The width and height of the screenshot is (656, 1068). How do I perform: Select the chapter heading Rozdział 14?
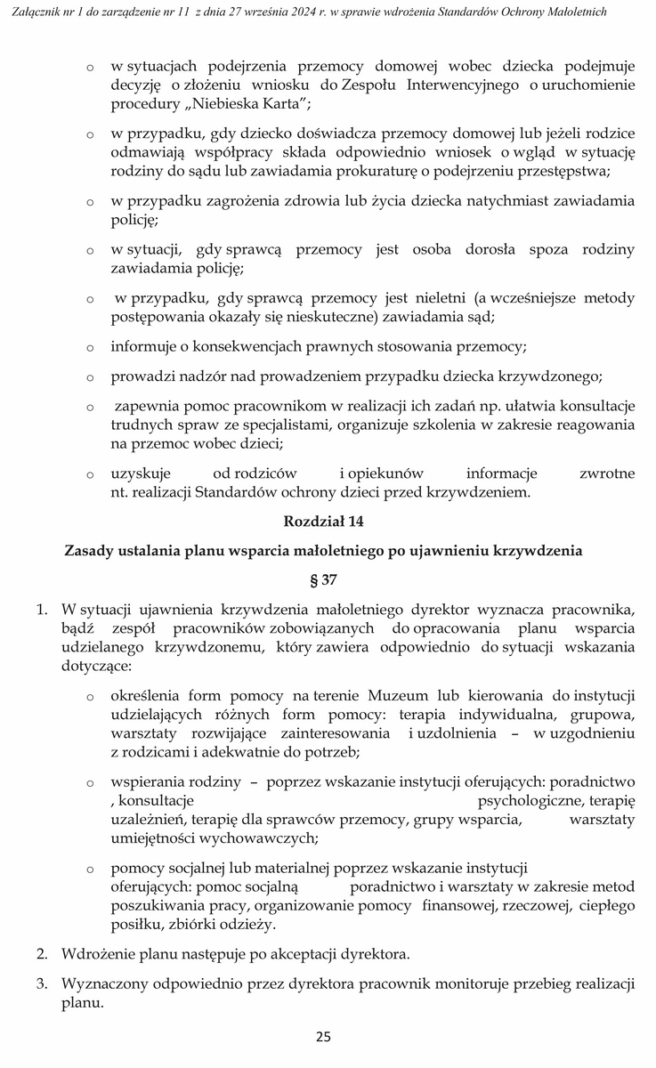(323, 519)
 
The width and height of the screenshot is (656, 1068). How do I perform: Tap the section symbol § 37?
(323, 579)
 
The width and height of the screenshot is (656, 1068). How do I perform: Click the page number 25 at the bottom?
(323, 1037)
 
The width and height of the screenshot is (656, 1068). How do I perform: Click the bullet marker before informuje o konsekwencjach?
(90, 347)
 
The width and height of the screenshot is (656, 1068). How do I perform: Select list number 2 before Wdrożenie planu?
(42, 955)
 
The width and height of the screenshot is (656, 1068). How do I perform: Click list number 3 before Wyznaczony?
(42, 984)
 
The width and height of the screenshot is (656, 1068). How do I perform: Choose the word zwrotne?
(606, 473)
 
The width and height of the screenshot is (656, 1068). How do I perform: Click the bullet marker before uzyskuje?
(90, 473)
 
